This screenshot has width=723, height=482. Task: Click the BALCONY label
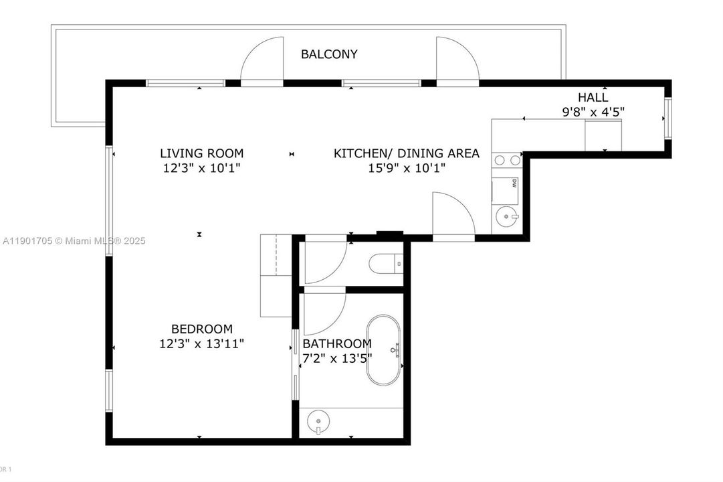(328, 54)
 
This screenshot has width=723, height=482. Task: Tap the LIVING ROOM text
(201, 153)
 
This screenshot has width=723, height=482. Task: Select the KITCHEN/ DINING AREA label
(406, 153)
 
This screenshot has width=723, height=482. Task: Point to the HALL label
(593, 98)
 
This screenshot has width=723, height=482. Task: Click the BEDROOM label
(202, 329)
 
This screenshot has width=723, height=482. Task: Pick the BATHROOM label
(337, 343)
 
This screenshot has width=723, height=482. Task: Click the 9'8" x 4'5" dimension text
(593, 112)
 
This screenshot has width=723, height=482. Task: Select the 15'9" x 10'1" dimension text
(406, 168)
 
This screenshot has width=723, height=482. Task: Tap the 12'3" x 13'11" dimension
(202, 343)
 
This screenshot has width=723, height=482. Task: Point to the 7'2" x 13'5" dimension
(337, 358)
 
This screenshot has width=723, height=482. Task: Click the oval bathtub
(383, 349)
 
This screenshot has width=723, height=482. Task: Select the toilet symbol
(386, 264)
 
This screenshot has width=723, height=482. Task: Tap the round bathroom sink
(318, 422)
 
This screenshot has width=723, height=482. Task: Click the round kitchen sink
(506, 216)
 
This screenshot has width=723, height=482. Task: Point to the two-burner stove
(506, 160)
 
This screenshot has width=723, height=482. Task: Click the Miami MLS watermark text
(74, 241)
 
